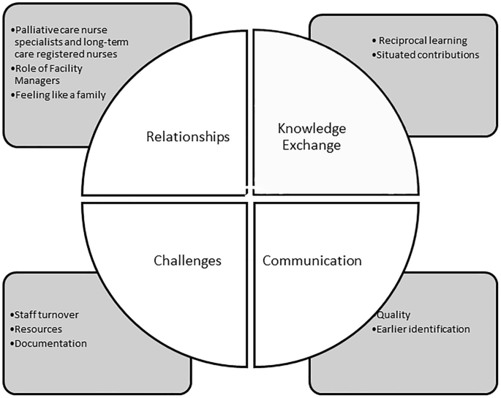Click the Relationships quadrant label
coord(188,137)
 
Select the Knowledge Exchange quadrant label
coord(312,137)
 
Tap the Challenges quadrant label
coord(187,260)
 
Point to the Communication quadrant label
coord(312,260)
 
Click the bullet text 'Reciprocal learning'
coord(418,40)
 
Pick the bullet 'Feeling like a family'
coord(59,95)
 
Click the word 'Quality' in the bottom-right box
coord(393,315)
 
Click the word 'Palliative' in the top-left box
coord(37,30)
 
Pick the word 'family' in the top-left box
coord(90,95)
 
